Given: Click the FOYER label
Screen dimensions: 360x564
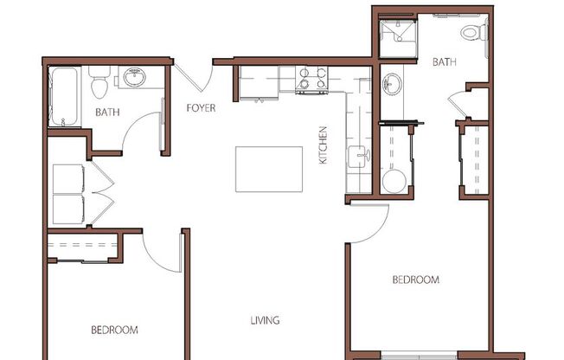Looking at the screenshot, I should point(201,108).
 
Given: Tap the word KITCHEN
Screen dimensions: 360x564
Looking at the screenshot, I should point(323,145).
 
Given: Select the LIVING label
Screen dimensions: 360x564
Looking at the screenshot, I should point(265,321).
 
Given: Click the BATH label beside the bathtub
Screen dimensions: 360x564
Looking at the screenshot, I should point(107,112).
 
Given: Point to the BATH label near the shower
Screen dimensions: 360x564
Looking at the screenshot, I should point(444,62).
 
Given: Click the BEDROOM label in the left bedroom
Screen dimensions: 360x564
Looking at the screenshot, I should point(114,330).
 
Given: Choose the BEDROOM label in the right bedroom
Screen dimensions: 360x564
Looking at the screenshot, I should point(415,280).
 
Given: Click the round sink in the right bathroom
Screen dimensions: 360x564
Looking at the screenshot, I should point(393,84).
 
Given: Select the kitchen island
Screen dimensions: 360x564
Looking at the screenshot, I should point(269,169).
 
